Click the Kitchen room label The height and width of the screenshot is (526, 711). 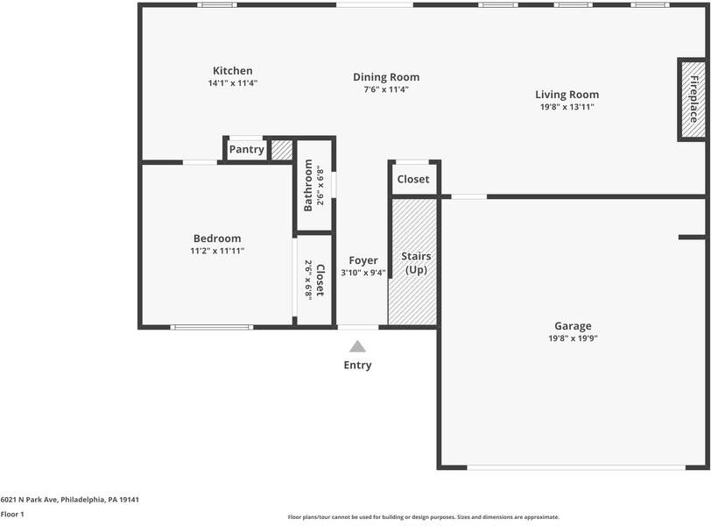pos(233,71)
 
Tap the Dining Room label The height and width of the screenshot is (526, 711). pos(386,77)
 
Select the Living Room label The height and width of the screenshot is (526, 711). pos(567,95)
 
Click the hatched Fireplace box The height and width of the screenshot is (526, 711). pos(693,99)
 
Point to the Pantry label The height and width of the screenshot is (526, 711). pos(246,150)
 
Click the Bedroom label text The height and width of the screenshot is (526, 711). pos(217,238)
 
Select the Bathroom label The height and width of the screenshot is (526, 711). pos(309,185)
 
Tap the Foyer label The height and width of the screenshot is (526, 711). pos(363,260)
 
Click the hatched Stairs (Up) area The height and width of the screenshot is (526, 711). pos(414,263)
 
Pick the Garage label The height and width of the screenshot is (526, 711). pos(573,326)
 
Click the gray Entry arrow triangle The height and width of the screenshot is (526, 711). pos(357,347)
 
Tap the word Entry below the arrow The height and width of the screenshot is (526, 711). pos(357,366)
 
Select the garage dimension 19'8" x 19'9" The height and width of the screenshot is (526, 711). pos(573,338)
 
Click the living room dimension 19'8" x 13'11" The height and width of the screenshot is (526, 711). pos(567,107)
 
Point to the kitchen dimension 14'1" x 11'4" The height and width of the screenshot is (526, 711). pos(233,83)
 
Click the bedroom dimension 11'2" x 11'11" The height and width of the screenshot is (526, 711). pos(217,251)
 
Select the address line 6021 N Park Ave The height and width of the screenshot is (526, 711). pos(70,500)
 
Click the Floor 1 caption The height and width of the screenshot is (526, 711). pos(13,515)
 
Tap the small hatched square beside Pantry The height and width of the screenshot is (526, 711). pos(281,150)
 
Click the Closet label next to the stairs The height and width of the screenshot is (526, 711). pos(413,180)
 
